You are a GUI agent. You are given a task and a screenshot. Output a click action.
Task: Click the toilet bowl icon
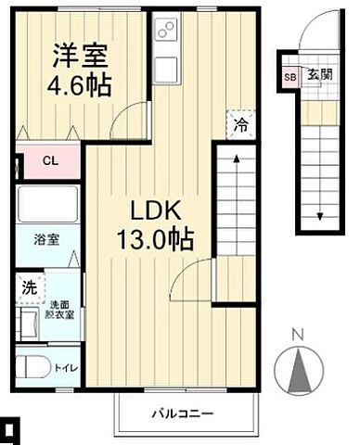pos(34,365)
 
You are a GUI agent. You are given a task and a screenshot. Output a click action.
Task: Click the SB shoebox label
pos(289,77)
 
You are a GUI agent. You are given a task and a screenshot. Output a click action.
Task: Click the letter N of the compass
pos(297,335)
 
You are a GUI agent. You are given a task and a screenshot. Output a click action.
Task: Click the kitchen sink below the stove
pos(167,66)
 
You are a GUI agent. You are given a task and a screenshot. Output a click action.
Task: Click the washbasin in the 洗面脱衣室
pos(27,324)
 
